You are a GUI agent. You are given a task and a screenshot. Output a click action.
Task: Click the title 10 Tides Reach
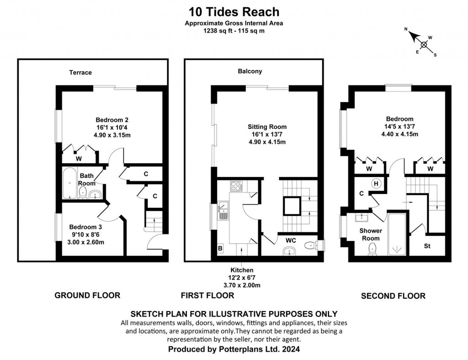click(234, 11)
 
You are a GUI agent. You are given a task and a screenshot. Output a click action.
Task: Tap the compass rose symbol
click(424, 44)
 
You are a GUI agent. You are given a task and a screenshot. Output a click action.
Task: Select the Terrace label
click(80, 72)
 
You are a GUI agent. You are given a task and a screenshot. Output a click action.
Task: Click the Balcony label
click(250, 71)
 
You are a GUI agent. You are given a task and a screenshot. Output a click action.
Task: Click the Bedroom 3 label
click(86, 227)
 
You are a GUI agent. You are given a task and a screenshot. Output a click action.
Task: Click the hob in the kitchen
click(237, 186)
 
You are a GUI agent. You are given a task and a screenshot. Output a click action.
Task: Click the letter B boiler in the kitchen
click(220, 248)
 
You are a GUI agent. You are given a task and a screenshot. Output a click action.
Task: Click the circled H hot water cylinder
click(376, 183)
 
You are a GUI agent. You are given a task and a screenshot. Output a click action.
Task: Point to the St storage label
click(427, 246)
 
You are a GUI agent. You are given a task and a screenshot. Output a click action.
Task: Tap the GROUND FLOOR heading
click(87, 296)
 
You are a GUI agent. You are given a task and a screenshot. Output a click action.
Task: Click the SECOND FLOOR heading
click(393, 296)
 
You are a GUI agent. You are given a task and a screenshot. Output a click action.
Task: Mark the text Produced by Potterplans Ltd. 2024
click(234, 349)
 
